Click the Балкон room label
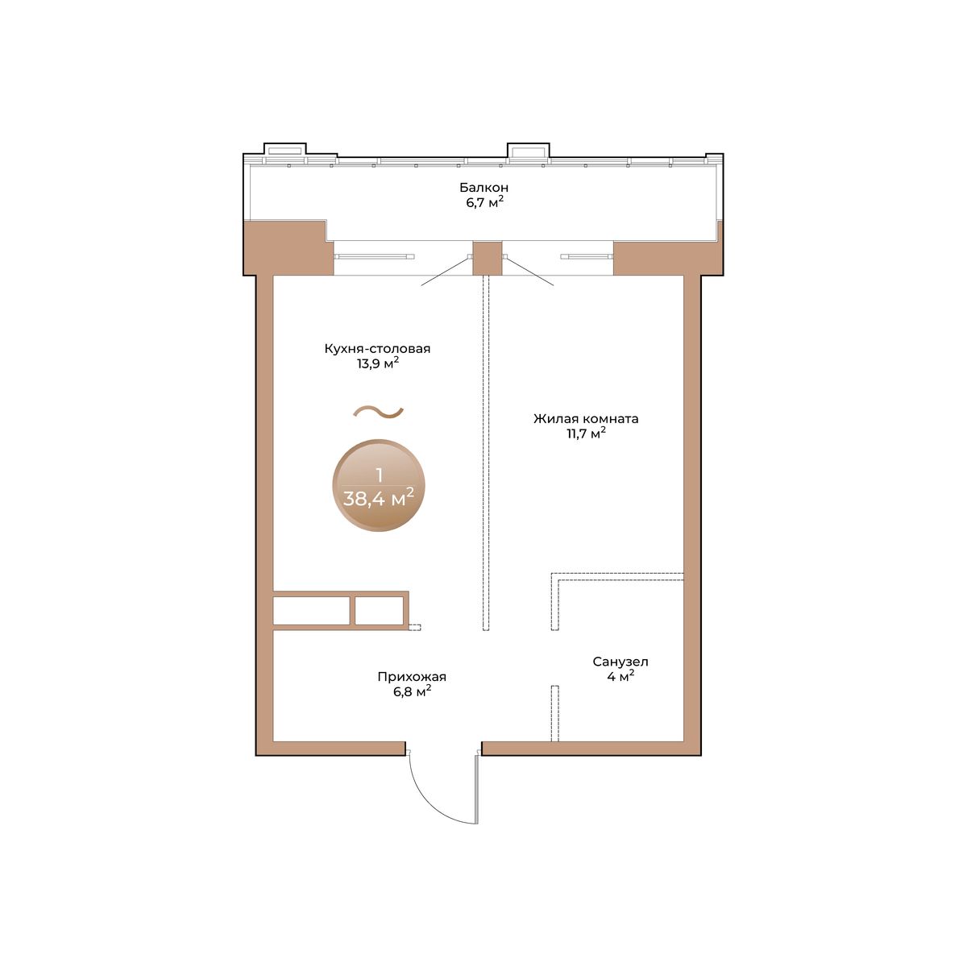click(x=483, y=187)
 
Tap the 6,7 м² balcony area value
click(x=484, y=203)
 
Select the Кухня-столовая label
click(x=377, y=348)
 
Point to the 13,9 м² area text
click(x=378, y=363)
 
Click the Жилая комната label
click(x=586, y=418)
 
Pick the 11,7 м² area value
click(x=586, y=434)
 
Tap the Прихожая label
click(x=412, y=676)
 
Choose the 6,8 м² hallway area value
click(x=412, y=691)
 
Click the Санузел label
click(x=620, y=662)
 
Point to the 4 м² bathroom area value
click(x=620, y=676)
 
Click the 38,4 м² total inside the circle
click(x=379, y=498)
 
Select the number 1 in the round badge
click(x=380, y=475)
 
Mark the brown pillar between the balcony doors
click(x=488, y=259)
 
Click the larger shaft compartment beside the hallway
click(x=311, y=611)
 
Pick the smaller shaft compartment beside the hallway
click(x=379, y=611)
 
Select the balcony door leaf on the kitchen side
click(x=446, y=271)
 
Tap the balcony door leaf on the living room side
click(x=529, y=271)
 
